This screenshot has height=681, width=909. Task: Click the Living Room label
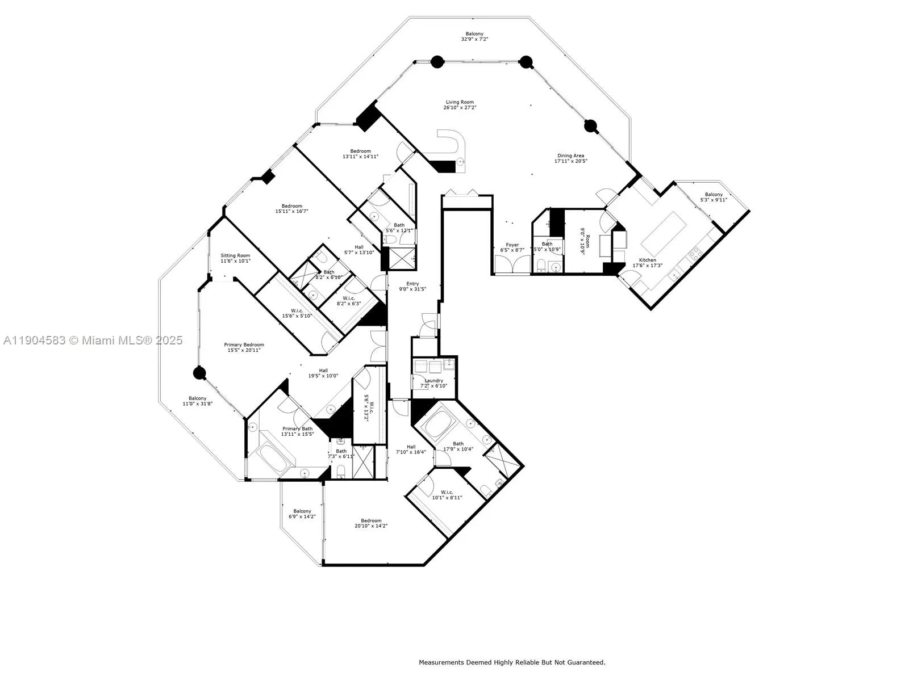tap(460, 102)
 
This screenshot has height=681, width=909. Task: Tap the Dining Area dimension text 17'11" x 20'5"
tap(570, 161)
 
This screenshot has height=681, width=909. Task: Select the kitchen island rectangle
tap(668, 234)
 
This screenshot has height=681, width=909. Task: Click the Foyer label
tap(512, 245)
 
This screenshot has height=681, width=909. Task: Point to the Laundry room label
tap(433, 381)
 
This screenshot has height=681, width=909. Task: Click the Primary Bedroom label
tap(244, 344)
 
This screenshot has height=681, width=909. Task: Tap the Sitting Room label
tap(235, 255)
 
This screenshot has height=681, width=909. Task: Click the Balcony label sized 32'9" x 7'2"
tap(474, 34)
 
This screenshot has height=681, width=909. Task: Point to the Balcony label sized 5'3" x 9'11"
tap(714, 195)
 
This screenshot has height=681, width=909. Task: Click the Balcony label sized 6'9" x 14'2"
tap(302, 511)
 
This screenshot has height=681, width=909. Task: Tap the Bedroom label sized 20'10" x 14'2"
tap(371, 521)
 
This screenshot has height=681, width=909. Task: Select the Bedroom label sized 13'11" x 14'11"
tap(360, 151)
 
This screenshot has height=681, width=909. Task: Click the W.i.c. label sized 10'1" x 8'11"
tap(447, 492)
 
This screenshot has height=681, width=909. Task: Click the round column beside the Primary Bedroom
tap(199, 373)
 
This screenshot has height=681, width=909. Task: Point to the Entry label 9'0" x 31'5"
tap(412, 284)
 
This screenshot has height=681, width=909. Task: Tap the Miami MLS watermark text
tap(93, 340)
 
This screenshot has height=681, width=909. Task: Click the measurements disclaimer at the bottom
tap(512, 662)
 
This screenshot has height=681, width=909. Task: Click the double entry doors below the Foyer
tap(512, 264)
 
